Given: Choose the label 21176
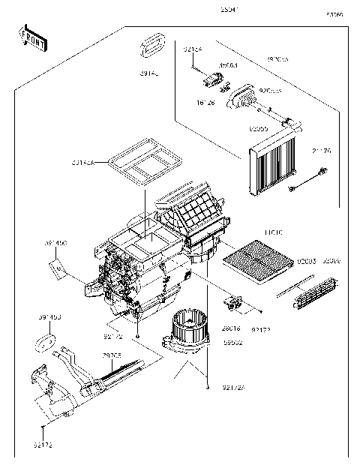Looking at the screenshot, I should [x=322, y=151].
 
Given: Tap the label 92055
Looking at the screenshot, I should [x=259, y=129].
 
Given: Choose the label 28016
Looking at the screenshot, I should [x=232, y=328].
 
